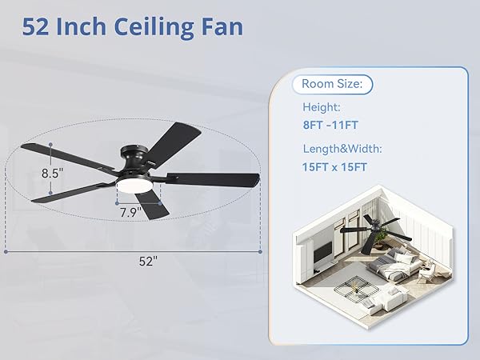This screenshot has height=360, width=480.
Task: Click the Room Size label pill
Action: tap(332, 83)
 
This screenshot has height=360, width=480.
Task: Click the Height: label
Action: tap(321, 106)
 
